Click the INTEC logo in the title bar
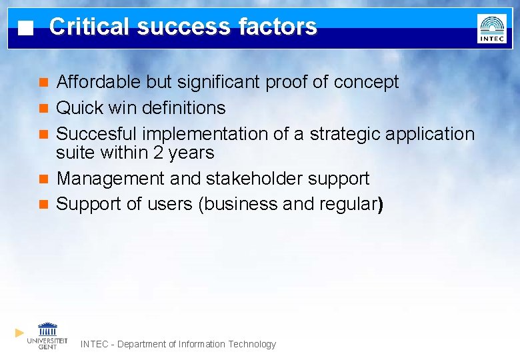(491, 29)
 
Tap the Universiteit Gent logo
(47, 335)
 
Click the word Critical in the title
(89, 27)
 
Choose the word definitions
(183, 108)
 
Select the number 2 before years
(158, 153)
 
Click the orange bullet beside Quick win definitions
(44, 108)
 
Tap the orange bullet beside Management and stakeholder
(44, 179)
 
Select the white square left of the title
(25, 29)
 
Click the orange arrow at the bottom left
(20, 332)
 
